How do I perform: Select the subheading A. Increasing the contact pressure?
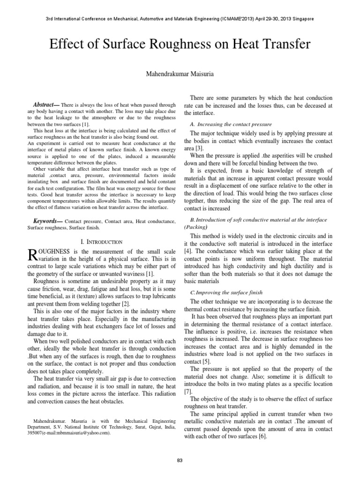pyautogui.click(x=231, y=124)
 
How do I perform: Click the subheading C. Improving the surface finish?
pyautogui.click(x=226, y=292)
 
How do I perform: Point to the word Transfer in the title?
pyautogui.click(x=284, y=45)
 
